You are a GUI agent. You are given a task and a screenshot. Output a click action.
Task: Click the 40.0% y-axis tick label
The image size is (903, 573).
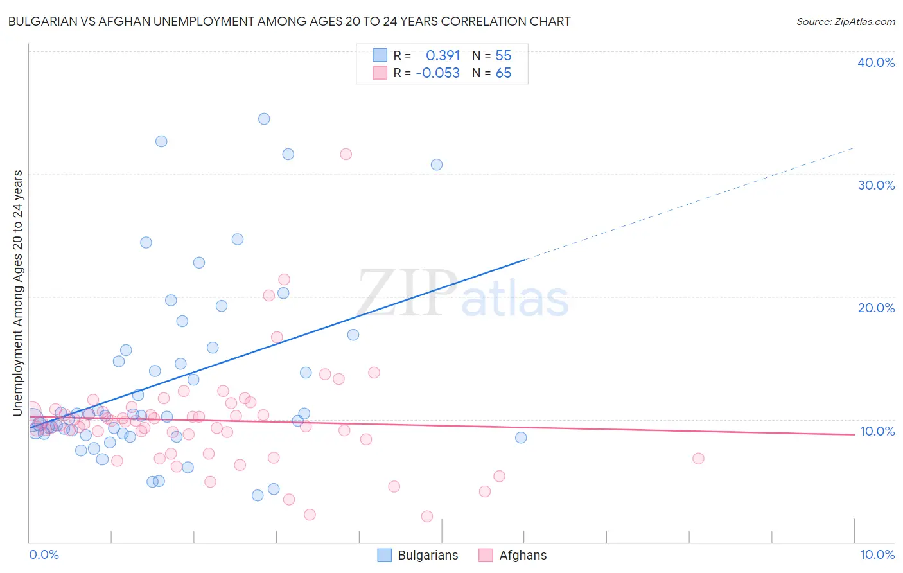[875, 62]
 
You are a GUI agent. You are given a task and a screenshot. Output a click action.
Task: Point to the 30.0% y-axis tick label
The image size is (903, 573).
[875, 185]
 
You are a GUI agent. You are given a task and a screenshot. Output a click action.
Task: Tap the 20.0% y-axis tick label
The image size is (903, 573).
[875, 308]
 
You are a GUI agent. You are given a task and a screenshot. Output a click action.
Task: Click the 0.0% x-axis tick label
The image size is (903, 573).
[44, 554]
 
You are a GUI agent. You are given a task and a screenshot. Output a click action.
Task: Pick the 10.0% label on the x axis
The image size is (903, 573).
[877, 554]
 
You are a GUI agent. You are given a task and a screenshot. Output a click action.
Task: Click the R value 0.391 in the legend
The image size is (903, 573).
[443, 56]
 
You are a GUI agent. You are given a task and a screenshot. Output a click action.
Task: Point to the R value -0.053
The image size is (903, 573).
[437, 73]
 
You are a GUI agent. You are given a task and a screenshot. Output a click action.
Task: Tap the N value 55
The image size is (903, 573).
[503, 56]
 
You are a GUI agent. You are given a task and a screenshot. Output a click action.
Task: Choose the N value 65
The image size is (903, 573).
[503, 73]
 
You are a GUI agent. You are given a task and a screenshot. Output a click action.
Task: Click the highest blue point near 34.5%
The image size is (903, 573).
[264, 119]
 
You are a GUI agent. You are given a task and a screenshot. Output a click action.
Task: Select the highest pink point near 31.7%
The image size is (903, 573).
[346, 154]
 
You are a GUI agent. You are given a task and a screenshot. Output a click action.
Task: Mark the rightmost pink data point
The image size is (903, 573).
[698, 459]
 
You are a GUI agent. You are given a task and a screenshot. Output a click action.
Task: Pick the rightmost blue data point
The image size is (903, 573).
[521, 437]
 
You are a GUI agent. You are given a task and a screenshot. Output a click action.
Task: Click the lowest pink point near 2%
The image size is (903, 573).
[427, 516]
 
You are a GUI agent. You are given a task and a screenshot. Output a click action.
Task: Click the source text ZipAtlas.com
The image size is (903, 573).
[845, 22]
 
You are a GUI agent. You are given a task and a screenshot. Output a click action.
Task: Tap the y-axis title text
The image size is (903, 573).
[18, 292]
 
